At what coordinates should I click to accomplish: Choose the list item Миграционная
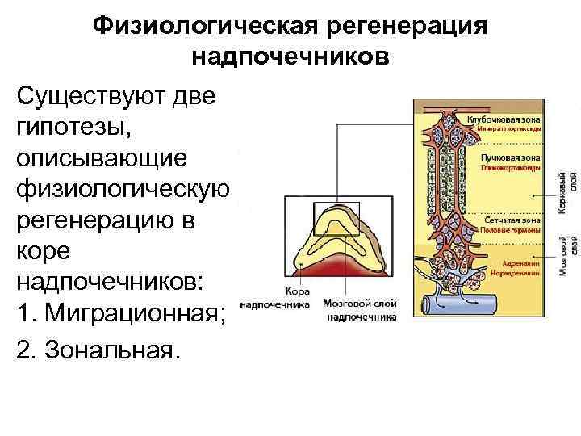(x=133, y=313)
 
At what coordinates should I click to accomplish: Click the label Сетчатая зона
(x=510, y=220)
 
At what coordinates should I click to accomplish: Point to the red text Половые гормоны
(x=510, y=230)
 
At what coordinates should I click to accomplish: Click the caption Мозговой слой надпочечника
(x=361, y=311)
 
